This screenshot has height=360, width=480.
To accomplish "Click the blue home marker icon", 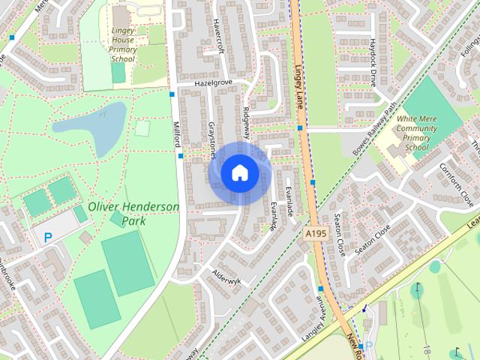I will coord(239,172).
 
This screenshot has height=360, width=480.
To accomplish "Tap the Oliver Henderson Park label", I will coord(133,214).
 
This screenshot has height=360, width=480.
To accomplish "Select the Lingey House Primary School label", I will coord(122,44).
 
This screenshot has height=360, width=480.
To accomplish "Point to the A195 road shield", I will coord(316,235).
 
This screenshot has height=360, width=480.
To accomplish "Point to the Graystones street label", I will coord(212,140).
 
